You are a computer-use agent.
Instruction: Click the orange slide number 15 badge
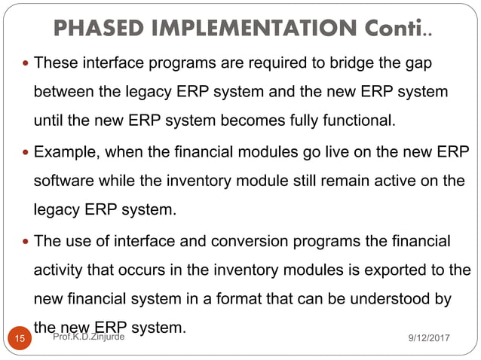(20, 340)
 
